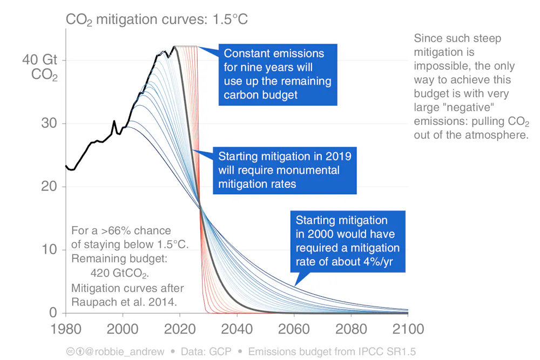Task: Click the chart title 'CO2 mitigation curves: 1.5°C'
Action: click(156, 19)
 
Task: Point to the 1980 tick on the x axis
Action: click(66, 328)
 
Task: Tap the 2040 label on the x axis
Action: click(237, 328)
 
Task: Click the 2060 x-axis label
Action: click(294, 328)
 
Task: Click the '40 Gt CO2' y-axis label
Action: click(41, 67)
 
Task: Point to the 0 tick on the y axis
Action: click(53, 313)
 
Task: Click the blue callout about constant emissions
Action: click(278, 74)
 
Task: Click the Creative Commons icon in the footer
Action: click(71, 351)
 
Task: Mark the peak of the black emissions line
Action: click(174, 47)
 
